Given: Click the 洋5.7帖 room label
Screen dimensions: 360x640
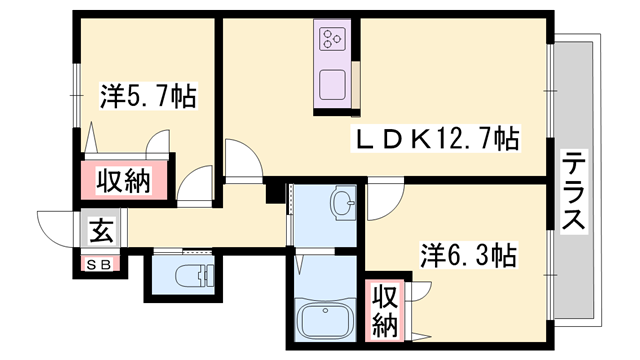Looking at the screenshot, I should click(147, 97).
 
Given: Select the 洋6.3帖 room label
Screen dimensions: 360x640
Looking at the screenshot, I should click(468, 257).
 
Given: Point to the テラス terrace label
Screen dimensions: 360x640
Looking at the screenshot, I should click(574, 190).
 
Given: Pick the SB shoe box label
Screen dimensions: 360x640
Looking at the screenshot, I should click(100, 265).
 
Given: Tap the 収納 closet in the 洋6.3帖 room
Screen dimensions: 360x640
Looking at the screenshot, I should click(385, 309).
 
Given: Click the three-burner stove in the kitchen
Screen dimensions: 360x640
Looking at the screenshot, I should click(332, 40).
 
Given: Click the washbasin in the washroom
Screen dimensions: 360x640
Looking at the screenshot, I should click(343, 205).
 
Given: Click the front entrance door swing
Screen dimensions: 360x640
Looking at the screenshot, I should click(58, 225).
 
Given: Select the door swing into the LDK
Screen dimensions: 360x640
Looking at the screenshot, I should click(241, 160).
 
